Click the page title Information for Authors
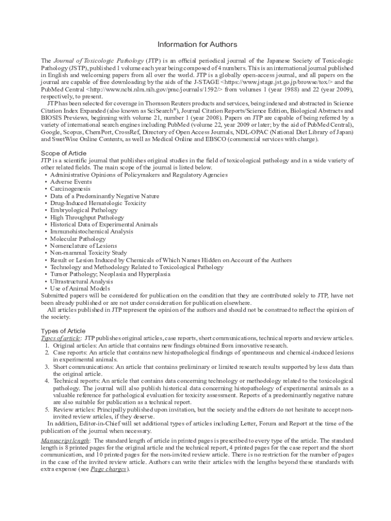tap(197, 45)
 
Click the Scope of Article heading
tap(63, 153)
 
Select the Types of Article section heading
tap(63, 331)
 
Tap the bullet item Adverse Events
tap(71, 182)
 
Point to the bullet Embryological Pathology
tap(84, 210)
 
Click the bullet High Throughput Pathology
tap(87, 217)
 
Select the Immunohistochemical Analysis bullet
tap(91, 231)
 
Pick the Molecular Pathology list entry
tap(78, 239)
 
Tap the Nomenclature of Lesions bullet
tap(83, 246)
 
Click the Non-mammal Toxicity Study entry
tap(88, 253)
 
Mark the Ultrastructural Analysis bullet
tap(81, 281)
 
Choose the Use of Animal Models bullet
tap(80, 288)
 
